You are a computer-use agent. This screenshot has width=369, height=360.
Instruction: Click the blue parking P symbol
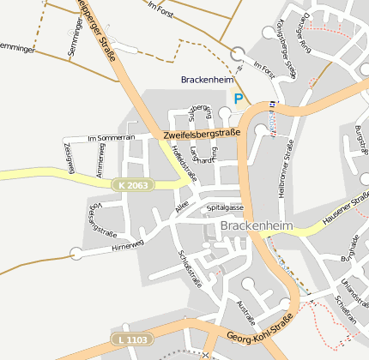tap(239, 99)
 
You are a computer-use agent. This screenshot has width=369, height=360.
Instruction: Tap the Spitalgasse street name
tap(225, 208)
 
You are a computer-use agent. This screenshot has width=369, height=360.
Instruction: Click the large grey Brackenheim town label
tap(257, 226)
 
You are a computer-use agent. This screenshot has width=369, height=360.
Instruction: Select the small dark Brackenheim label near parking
tap(207, 80)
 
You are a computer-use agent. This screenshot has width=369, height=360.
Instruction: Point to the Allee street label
tap(180, 208)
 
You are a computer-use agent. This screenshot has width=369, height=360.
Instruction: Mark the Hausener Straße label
tap(345, 211)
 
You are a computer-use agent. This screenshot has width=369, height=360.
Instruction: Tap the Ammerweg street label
tap(100, 160)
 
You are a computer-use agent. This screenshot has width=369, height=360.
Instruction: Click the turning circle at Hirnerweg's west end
tap(76, 253)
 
